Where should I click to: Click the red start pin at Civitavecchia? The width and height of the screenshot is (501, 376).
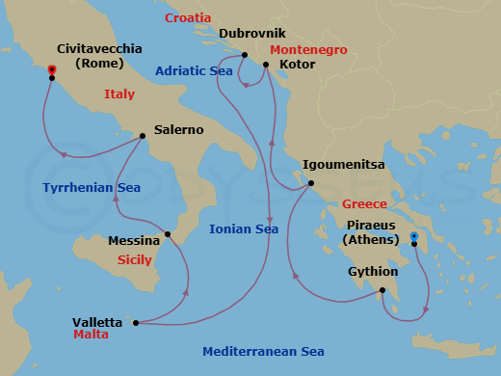pyautogui.click(x=51, y=69)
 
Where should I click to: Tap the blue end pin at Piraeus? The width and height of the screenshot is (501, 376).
pyautogui.click(x=413, y=236)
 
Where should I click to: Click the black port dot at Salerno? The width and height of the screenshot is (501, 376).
pyautogui.click(x=143, y=136)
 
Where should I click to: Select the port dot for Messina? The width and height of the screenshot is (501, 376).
pyautogui.click(x=168, y=233)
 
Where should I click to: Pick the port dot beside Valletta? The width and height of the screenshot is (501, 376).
pyautogui.click(x=135, y=323)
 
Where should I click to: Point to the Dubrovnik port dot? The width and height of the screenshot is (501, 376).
pyautogui.click(x=245, y=55)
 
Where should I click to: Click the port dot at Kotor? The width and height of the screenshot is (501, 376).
pyautogui.click(x=266, y=65)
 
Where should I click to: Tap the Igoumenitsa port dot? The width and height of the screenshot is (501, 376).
pyautogui.click(x=310, y=183)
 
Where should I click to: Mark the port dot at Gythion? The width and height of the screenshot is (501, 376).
pyautogui.click(x=382, y=290)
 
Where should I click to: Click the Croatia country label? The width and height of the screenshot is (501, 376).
pyautogui.click(x=188, y=18)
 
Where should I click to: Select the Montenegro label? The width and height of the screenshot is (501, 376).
pyautogui.click(x=308, y=49)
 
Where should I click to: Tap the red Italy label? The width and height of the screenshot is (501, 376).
pyautogui.click(x=119, y=94)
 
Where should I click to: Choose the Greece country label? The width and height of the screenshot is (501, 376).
pyautogui.click(x=364, y=204)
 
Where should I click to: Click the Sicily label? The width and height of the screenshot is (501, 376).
pyautogui.click(x=134, y=260)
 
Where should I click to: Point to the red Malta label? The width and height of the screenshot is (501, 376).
pyautogui.click(x=91, y=335)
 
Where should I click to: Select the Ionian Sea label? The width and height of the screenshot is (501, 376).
pyautogui.click(x=244, y=229)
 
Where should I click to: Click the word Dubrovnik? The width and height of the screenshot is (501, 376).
pyautogui.click(x=246, y=34)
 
